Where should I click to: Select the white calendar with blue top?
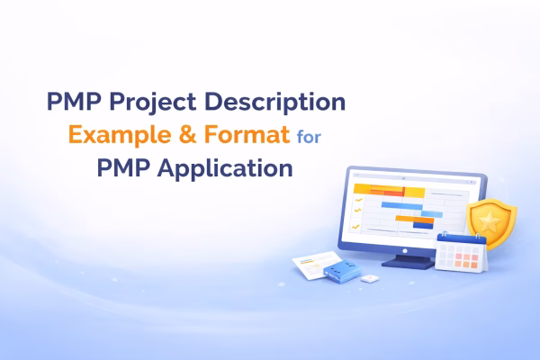point(460,251)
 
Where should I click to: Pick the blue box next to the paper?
point(340,269)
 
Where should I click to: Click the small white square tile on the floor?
point(368,279)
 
